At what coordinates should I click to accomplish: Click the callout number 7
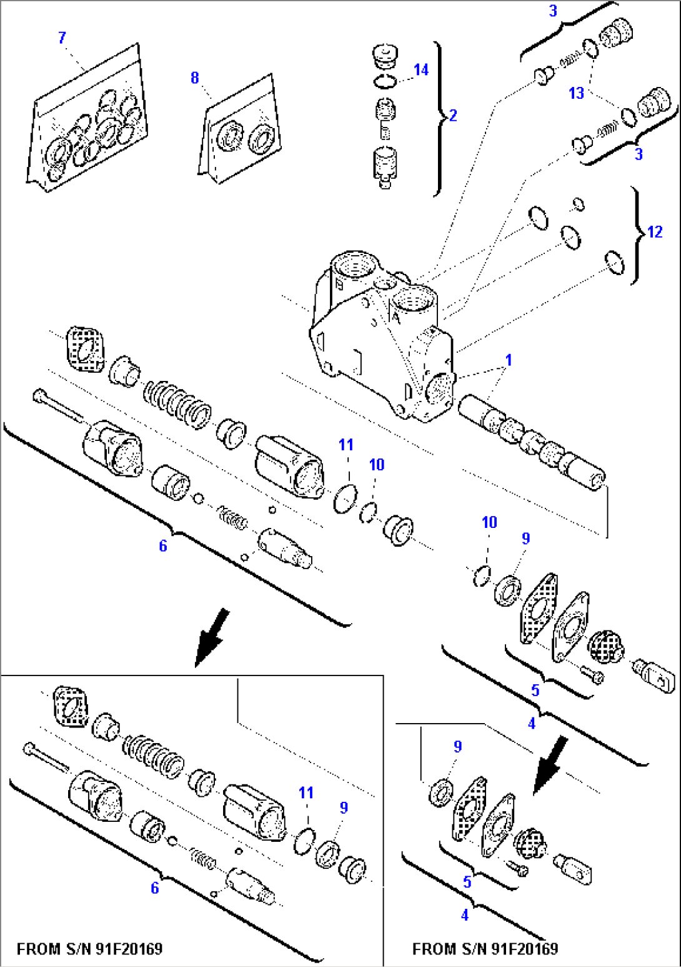[62, 38]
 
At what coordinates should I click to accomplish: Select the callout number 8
[194, 78]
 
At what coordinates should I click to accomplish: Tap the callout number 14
[421, 69]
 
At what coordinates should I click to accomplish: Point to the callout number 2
[453, 115]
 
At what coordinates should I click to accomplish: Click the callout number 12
[655, 232]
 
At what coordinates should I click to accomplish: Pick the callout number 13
[576, 93]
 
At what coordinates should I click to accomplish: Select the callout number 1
[509, 360]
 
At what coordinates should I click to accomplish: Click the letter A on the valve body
[395, 318]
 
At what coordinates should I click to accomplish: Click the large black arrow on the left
[211, 637]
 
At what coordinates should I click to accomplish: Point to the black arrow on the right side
[550, 764]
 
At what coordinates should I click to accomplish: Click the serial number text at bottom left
[89, 949]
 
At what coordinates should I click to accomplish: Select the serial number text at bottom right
[485, 949]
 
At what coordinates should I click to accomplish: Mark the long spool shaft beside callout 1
[531, 441]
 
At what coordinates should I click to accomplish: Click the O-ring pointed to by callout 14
[385, 81]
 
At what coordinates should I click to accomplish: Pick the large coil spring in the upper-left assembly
[177, 405]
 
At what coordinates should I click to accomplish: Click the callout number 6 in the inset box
[154, 888]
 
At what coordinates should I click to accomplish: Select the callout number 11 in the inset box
[306, 792]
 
